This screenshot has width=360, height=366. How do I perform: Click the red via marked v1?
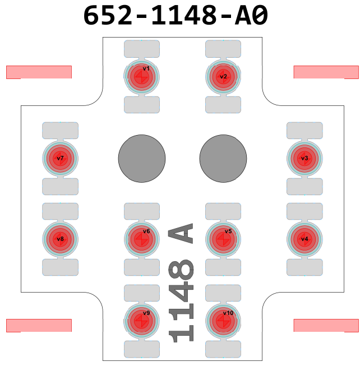(x=141, y=77)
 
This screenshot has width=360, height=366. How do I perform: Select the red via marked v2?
(x=223, y=77)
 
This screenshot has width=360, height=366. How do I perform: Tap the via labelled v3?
(x=304, y=159)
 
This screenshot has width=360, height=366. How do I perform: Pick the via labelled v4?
(x=304, y=239)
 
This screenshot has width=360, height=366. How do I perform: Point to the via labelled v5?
(x=223, y=239)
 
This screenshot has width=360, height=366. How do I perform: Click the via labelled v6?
(x=141, y=239)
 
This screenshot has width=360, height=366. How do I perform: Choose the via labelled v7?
(x=60, y=159)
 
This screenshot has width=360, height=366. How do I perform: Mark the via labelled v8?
(x=60, y=239)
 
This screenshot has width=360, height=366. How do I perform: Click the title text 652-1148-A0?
(x=176, y=16)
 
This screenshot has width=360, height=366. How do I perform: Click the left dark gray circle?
(x=141, y=159)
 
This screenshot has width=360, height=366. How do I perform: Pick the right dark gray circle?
(x=223, y=159)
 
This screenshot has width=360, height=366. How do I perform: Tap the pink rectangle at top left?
(x=39, y=72)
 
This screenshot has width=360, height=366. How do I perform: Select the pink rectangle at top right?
(x=326, y=72)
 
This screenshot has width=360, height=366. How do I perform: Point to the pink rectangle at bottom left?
(x=39, y=325)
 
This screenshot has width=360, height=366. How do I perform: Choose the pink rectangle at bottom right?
(x=326, y=325)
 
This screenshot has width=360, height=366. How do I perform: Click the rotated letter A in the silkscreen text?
(x=181, y=233)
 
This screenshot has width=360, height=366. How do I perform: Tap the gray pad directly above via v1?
(x=141, y=49)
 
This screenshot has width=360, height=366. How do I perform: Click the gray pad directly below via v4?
(x=304, y=267)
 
